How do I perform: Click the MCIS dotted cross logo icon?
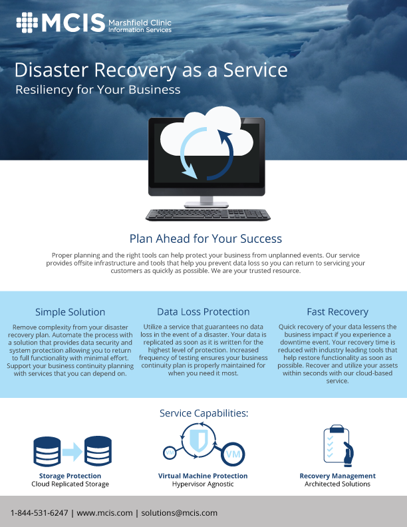27,23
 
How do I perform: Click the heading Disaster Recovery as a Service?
151,71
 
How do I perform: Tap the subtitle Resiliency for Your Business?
98,90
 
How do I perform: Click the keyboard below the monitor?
208,215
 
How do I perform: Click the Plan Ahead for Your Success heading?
205,239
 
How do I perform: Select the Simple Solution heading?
70,312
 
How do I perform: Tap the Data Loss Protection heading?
203,311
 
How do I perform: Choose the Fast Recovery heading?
337,312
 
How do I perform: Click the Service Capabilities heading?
204,413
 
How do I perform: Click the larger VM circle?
233,454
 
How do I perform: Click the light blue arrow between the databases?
72,452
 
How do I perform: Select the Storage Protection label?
70,476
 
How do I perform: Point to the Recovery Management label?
337,476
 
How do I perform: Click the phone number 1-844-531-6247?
39,513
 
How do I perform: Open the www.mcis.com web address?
105,513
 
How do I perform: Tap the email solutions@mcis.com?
180,513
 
